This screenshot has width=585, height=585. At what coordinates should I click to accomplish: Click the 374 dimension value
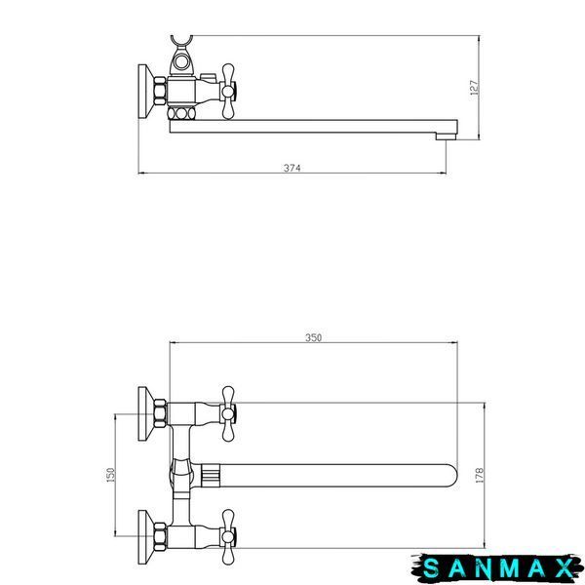tap(292, 168)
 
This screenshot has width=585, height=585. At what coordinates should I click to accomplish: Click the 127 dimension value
tap(474, 88)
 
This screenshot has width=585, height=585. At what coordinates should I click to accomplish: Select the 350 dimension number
tap(313, 337)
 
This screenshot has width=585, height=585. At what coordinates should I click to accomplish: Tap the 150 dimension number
tap(111, 475)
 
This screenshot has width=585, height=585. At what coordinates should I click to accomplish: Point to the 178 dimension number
tap(480, 476)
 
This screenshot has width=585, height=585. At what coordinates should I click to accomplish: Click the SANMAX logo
tap(497, 568)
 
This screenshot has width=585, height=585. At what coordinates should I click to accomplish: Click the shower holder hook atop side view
tap(182, 40)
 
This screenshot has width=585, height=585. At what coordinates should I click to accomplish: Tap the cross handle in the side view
tap(227, 91)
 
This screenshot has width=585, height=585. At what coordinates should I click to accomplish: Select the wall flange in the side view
tap(146, 91)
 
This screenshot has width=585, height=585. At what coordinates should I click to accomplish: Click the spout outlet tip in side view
tap(447, 136)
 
